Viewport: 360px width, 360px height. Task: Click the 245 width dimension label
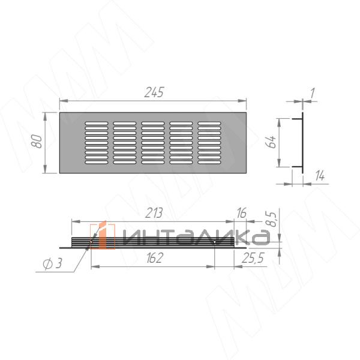click(x=154, y=92)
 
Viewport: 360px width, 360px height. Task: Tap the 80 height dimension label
click(x=37, y=142)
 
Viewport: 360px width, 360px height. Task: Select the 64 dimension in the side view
click(x=271, y=142)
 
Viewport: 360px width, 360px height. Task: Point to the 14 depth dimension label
click(x=320, y=176)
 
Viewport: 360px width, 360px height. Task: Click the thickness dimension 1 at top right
click(x=312, y=93)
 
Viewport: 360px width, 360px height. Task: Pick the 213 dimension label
click(x=154, y=213)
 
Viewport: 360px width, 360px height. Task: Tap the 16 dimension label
click(x=242, y=213)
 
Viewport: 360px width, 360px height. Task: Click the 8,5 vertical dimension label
click(x=272, y=219)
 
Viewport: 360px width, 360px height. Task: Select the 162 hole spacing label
click(x=154, y=258)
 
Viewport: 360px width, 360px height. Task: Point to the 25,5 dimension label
click(x=253, y=258)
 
